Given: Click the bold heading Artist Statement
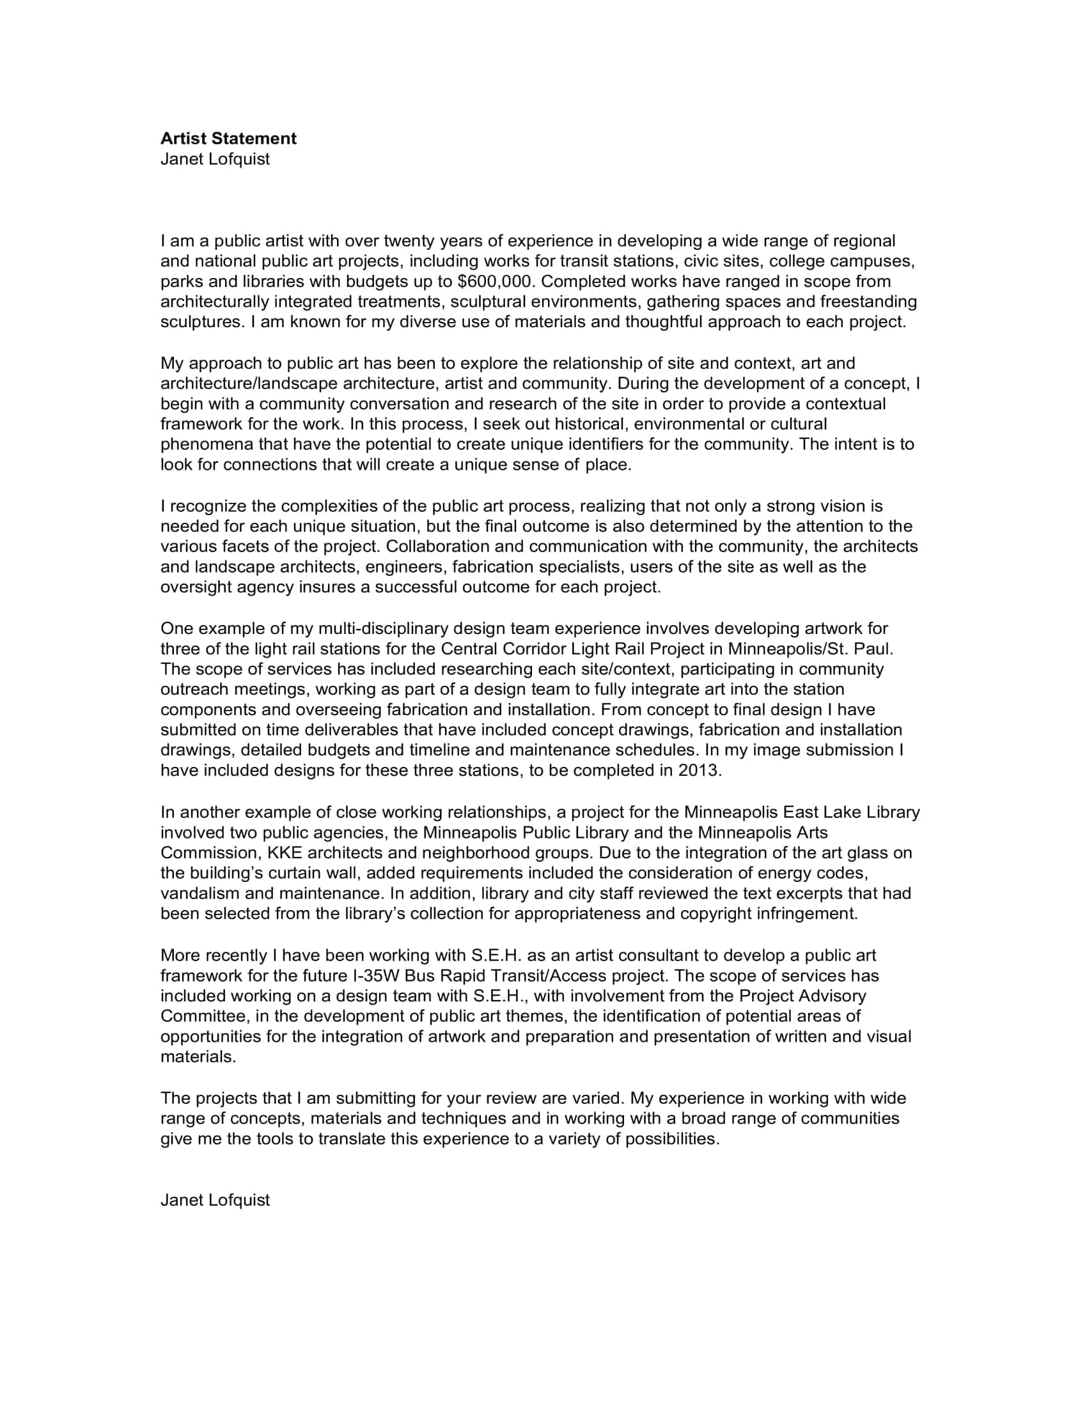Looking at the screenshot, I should pos(228,139).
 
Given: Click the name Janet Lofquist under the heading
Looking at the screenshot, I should pos(214,159).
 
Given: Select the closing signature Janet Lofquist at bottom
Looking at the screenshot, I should pos(214,1200).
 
